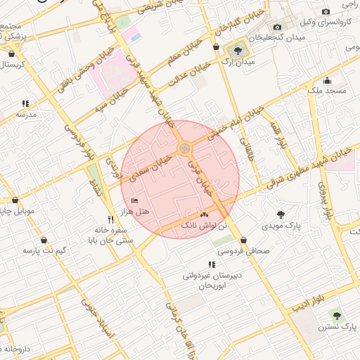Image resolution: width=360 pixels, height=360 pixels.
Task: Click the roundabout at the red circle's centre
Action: [184, 148]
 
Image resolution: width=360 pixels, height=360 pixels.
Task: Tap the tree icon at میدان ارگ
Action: [238, 50]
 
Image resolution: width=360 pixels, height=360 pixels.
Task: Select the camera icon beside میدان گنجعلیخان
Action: [278, 27]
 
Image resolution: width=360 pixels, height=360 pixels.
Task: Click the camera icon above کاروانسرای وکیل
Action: [326, 11]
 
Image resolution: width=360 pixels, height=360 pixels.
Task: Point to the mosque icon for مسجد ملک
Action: [328, 80]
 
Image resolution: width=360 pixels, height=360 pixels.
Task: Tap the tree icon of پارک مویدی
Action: [281, 215]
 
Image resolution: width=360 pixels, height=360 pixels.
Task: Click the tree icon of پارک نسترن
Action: [335, 316]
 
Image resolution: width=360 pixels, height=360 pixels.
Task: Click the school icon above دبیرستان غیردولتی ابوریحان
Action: [212, 265]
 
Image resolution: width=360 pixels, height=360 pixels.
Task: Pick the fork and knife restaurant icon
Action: [110, 219]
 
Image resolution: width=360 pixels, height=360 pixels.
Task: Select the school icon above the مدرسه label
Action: [26, 103]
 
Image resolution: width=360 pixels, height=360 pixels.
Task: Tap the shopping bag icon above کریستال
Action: [12, 53]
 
